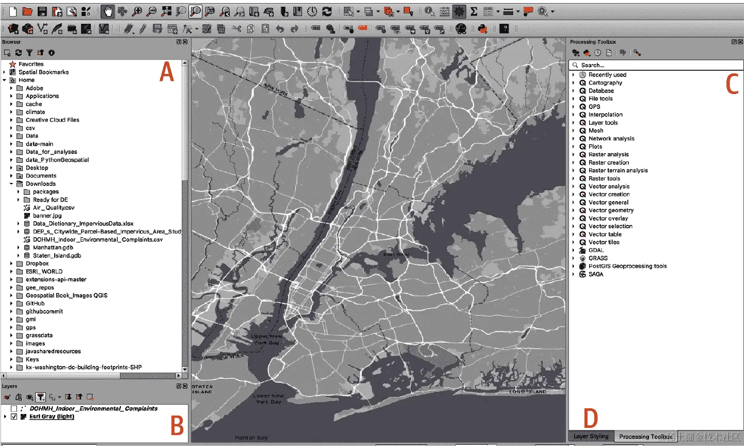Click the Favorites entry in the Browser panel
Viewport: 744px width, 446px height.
[30, 64]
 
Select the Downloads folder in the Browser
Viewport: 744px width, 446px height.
[40, 183]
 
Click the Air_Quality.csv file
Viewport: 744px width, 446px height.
[53, 208]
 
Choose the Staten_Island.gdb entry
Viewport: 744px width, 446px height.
[57, 255]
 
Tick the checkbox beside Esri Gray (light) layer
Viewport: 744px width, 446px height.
[14, 417]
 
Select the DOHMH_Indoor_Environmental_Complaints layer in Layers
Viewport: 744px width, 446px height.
[93, 408]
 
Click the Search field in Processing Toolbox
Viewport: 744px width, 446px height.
[656, 65]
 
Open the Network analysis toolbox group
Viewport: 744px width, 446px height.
[611, 139]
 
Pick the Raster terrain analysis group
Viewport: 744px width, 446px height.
[618, 171]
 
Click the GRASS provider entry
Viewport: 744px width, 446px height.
[597, 258]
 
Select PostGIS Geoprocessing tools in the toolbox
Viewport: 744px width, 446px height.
[627, 266]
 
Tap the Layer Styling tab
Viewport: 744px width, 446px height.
[591, 436]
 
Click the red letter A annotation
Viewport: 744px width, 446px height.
[166, 72]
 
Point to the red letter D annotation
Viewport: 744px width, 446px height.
[591, 418]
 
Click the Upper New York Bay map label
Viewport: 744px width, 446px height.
[266, 339]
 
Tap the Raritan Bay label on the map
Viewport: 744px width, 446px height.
[251, 438]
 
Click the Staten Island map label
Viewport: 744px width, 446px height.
[202, 389]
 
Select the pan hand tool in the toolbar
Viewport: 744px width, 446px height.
[108, 11]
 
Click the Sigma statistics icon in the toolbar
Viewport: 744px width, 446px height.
[473, 11]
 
